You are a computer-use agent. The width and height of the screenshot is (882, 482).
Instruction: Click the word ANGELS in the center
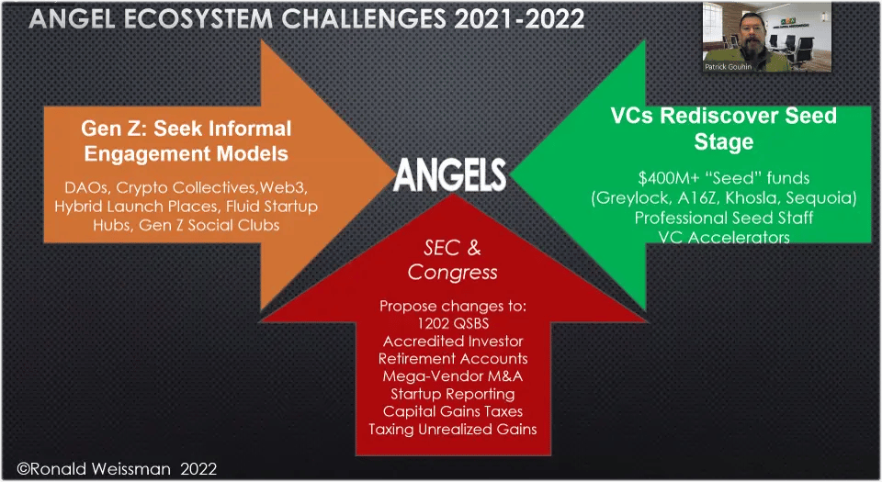tap(449, 174)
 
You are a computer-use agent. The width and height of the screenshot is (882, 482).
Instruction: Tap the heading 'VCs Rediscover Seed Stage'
tap(723, 129)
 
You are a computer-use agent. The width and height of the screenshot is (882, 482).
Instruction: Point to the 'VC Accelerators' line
tap(723, 237)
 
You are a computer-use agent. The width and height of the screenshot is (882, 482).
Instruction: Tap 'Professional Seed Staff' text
tap(723, 218)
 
